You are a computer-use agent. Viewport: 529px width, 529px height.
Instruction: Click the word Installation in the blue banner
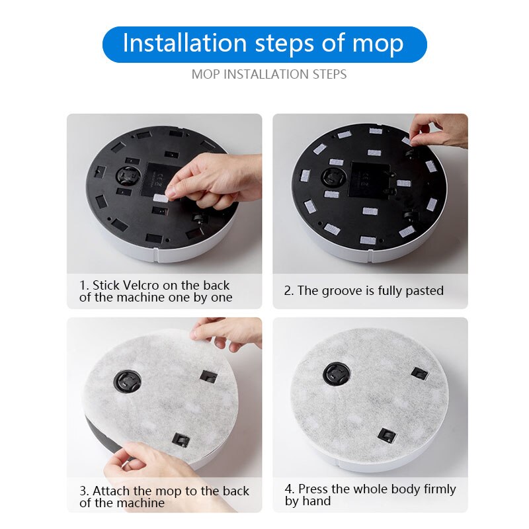click(x=176, y=44)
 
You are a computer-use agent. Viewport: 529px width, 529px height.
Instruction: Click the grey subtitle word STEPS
click(x=329, y=74)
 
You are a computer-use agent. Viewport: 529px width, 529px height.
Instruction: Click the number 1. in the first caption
click(x=84, y=286)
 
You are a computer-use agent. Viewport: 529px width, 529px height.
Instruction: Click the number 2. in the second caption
click(x=289, y=291)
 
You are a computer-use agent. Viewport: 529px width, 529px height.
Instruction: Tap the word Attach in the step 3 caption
click(x=112, y=491)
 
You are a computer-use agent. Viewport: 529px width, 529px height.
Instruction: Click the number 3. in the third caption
click(x=84, y=491)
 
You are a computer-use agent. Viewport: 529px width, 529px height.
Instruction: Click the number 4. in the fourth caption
click(x=290, y=489)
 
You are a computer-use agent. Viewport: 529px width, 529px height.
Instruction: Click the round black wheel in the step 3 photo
click(x=126, y=381)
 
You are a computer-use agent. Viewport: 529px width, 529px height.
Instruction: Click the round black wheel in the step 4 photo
click(x=336, y=375)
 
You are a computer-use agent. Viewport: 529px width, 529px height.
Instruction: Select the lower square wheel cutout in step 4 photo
click(x=386, y=434)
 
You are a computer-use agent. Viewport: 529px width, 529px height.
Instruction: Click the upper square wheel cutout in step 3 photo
click(x=208, y=377)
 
